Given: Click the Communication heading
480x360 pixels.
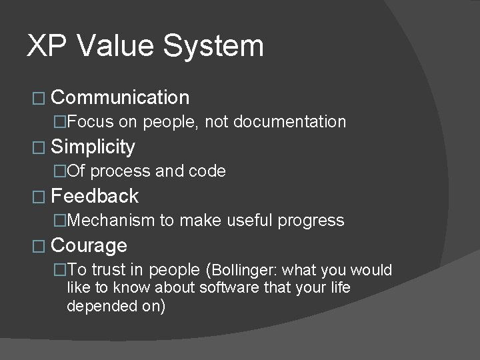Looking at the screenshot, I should [120, 98].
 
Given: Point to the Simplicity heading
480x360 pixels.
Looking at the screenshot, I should [93, 147].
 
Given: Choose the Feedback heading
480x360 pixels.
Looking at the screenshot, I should [95, 196].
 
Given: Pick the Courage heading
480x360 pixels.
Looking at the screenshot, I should [89, 245].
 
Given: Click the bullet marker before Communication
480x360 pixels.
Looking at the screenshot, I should [37, 99].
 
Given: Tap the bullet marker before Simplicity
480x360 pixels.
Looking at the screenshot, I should [37, 147].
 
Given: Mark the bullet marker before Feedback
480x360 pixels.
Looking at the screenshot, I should [37, 197].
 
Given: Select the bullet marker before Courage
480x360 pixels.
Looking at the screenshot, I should [37, 246].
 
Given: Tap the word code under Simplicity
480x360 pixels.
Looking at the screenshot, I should [208, 171].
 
